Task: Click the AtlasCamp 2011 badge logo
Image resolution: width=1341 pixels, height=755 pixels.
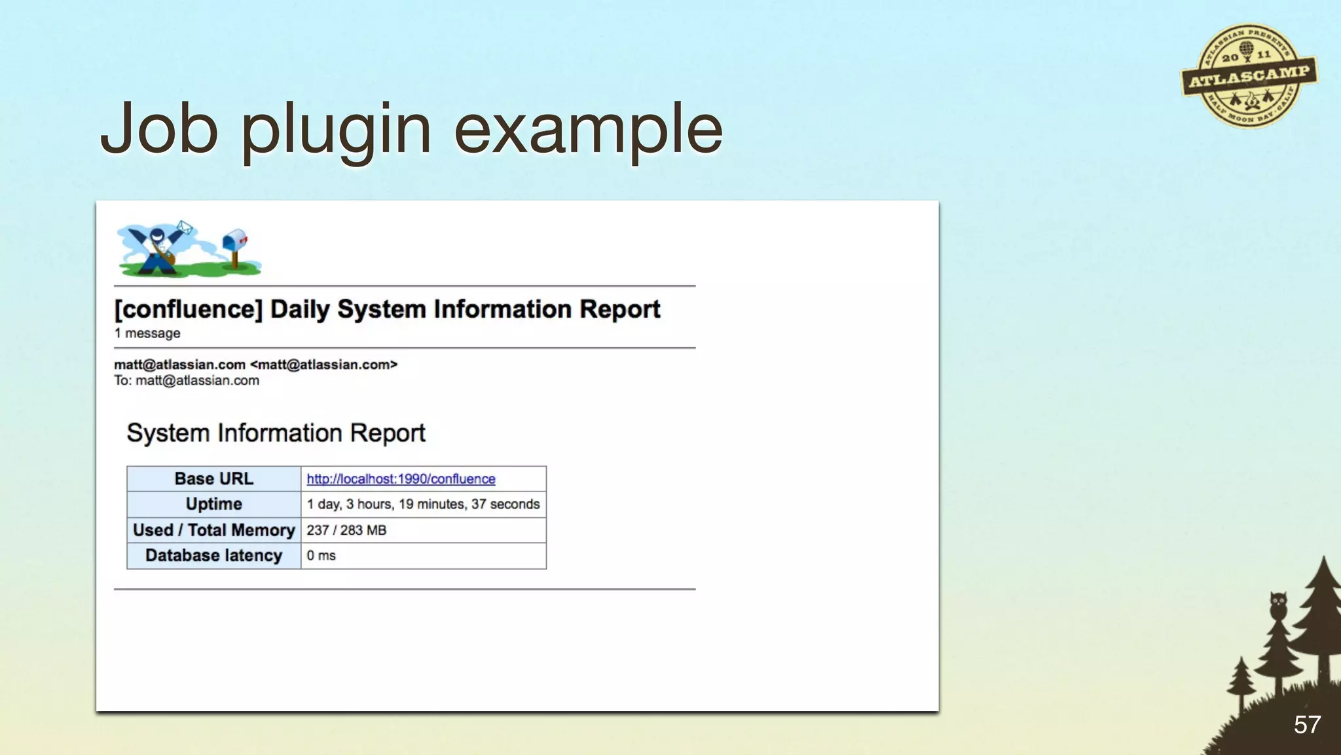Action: click(x=1249, y=76)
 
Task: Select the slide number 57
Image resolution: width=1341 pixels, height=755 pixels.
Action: click(x=1307, y=725)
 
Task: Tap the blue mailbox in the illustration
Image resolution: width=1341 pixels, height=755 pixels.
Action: click(x=235, y=242)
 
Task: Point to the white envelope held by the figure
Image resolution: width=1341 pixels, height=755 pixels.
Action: click(x=185, y=227)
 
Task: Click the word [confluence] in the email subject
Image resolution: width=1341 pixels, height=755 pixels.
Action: click(x=189, y=309)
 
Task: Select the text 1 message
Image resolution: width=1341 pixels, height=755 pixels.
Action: click(x=147, y=334)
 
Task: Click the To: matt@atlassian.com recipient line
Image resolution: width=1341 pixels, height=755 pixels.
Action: click(x=187, y=381)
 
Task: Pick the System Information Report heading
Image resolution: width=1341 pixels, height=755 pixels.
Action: click(x=276, y=433)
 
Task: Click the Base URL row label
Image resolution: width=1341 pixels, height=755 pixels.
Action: click(x=213, y=479)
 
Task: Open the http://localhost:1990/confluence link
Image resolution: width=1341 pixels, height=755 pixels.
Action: click(x=401, y=479)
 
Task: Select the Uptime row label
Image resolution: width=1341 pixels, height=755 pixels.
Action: click(x=213, y=504)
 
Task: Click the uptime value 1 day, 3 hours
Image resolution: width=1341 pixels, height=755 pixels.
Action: click(x=423, y=504)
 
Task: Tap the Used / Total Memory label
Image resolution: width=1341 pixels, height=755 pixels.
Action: click(x=213, y=530)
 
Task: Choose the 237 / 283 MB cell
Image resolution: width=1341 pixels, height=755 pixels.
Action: click(x=346, y=530)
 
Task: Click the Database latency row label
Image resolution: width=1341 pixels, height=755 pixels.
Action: click(x=213, y=556)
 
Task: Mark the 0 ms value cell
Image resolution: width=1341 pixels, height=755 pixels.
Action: click(x=321, y=556)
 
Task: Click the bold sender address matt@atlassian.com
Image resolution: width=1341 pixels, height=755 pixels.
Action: click(x=179, y=364)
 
